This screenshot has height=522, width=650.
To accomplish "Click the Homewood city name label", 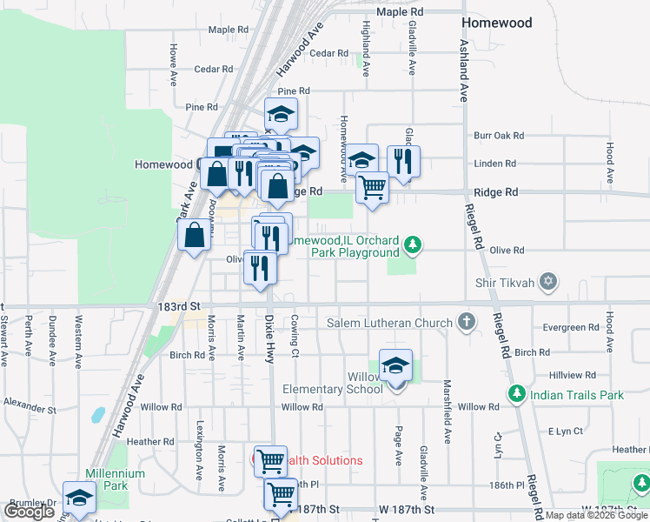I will pos(497,23).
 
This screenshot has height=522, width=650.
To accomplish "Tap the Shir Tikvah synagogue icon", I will pos(547,281).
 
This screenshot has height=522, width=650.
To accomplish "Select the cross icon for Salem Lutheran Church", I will pos(467,323).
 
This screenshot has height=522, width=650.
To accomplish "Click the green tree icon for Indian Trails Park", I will pos(516,395).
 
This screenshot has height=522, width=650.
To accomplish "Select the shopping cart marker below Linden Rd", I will pos(372,185).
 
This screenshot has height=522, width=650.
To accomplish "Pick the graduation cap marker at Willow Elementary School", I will pos(395,365).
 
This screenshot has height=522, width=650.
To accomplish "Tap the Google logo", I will pos(29,512).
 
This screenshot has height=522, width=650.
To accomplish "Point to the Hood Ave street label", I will pos(610,162).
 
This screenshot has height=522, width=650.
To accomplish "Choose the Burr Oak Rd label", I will pos(499,136).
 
